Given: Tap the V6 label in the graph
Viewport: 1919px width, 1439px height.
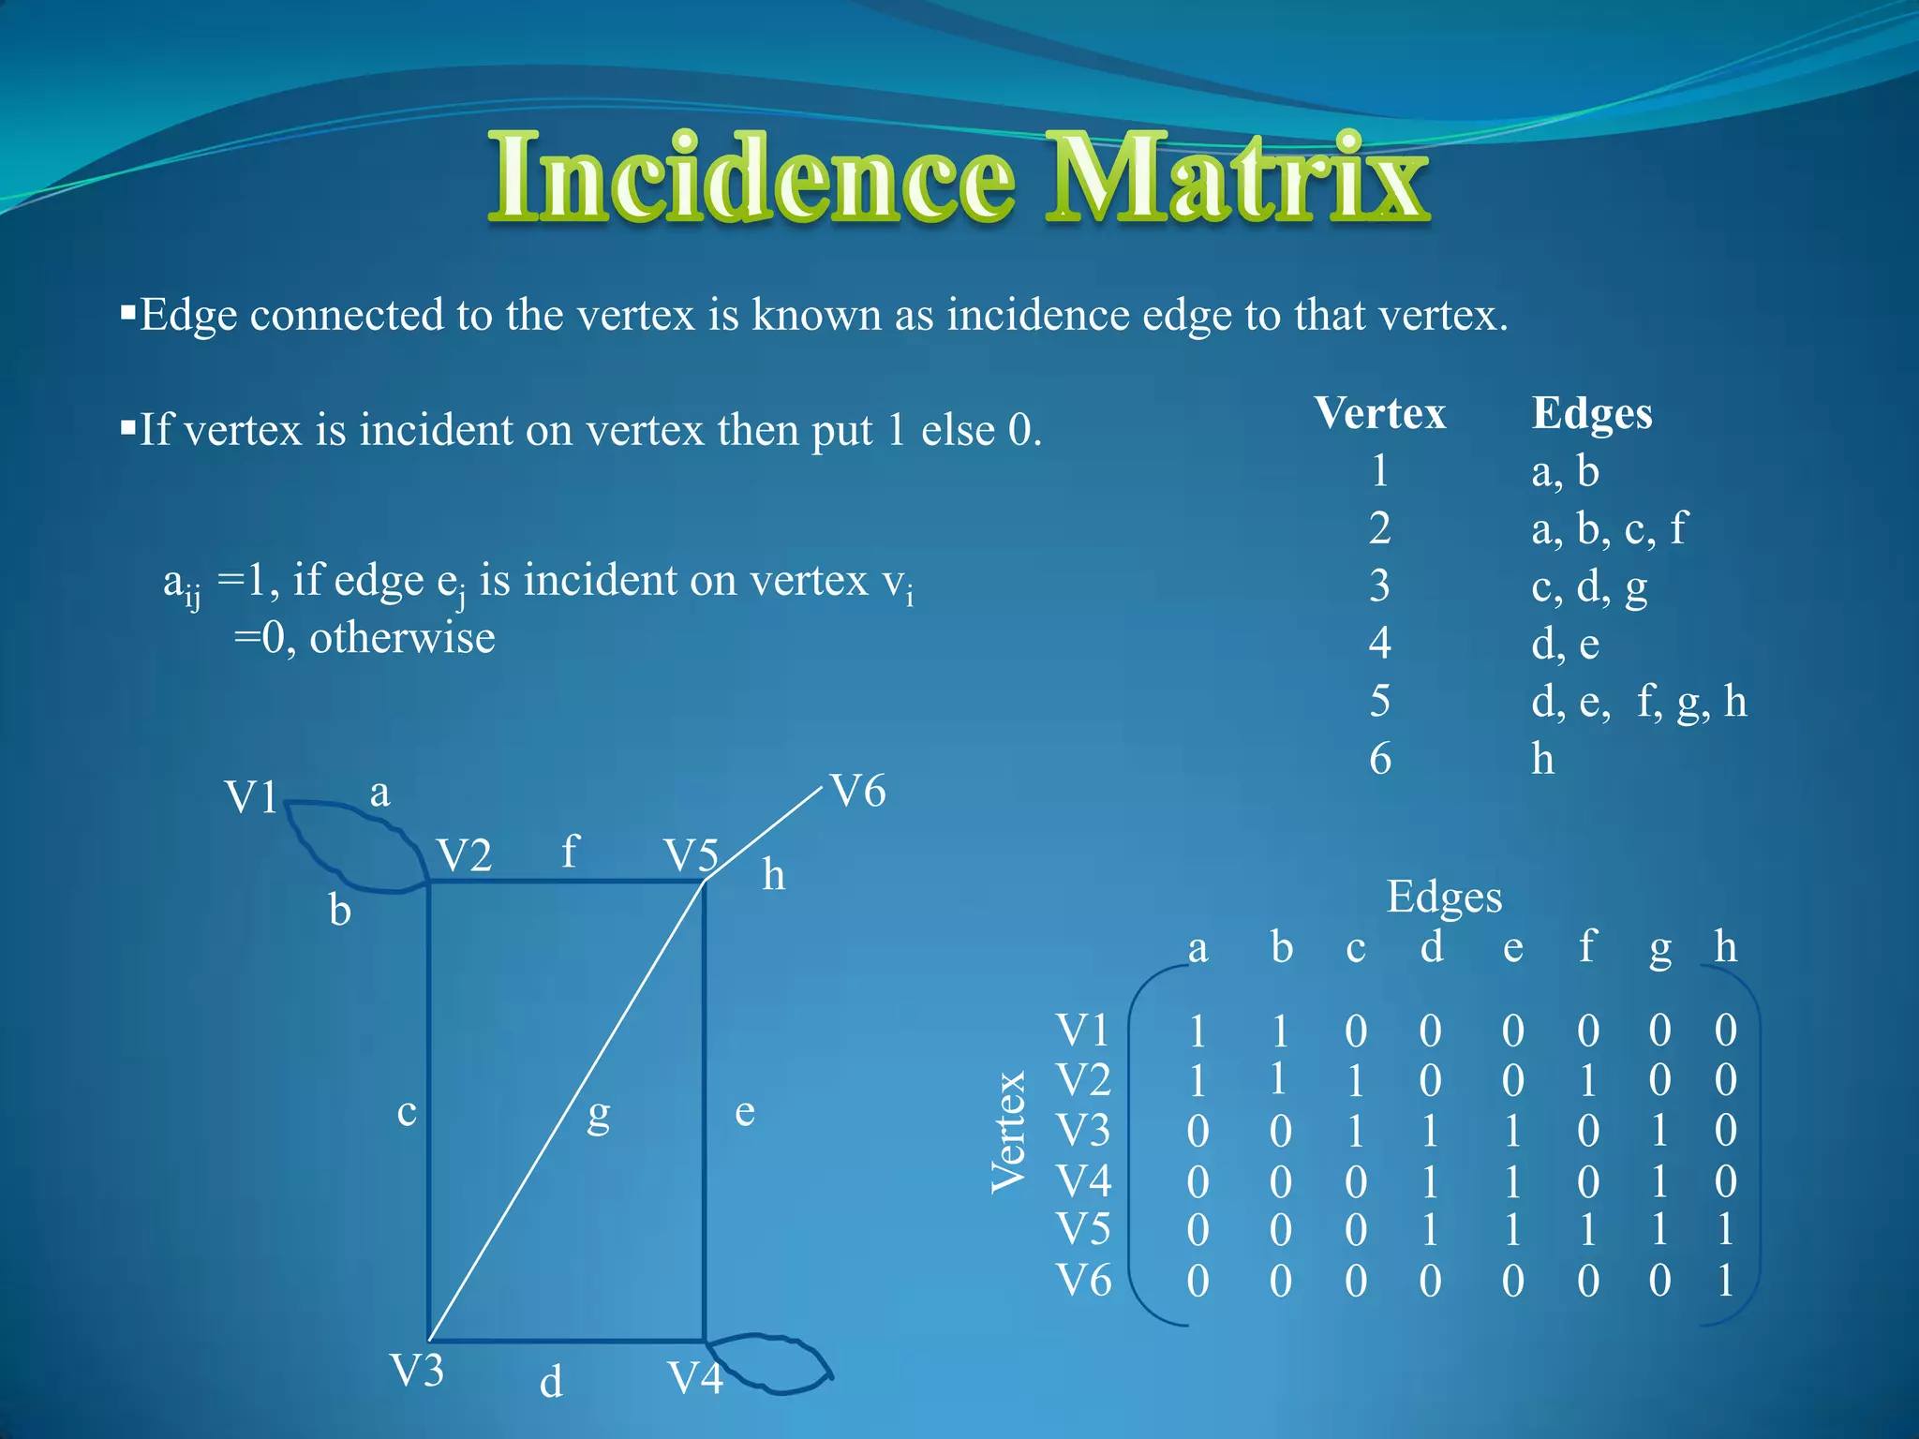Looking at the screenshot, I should pyautogui.click(x=858, y=792).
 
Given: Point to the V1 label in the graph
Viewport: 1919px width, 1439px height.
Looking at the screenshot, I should pyautogui.click(x=251, y=798).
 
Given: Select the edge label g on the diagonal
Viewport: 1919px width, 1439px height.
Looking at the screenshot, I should pyautogui.click(x=598, y=1115).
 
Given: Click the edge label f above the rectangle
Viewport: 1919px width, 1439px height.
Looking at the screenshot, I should pyautogui.click(x=569, y=851).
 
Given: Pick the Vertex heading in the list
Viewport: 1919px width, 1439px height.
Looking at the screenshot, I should pyautogui.click(x=1379, y=413).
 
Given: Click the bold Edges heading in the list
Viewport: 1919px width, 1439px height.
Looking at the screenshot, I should pyautogui.click(x=1591, y=413).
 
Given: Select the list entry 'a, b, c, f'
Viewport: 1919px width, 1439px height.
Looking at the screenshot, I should pyautogui.click(x=1608, y=529).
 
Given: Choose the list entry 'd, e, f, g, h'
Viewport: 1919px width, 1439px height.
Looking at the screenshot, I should pyautogui.click(x=1639, y=702).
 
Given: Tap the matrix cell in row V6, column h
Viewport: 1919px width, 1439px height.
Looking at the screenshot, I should pyautogui.click(x=1725, y=1281).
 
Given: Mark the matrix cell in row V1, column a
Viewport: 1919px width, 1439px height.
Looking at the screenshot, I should pyautogui.click(x=1198, y=1031).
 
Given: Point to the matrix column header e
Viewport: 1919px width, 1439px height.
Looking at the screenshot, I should pyautogui.click(x=1512, y=948).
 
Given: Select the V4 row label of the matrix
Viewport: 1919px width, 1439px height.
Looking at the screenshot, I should pyautogui.click(x=1083, y=1181).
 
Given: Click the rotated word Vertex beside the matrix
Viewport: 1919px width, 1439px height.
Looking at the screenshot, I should pyautogui.click(x=1008, y=1132).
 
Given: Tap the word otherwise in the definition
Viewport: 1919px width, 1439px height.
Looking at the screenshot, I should pyautogui.click(x=402, y=638).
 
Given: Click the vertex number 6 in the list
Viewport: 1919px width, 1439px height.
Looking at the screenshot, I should pyautogui.click(x=1379, y=759).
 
